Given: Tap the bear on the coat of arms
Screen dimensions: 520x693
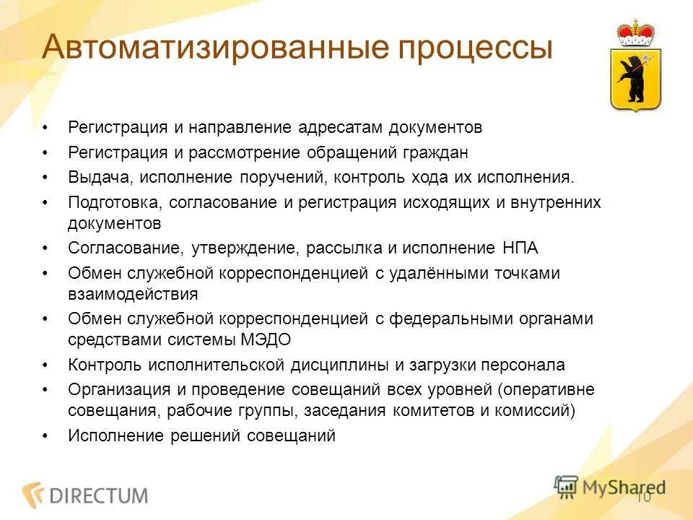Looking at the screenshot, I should (635, 76).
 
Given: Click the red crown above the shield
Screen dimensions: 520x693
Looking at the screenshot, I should (635, 33).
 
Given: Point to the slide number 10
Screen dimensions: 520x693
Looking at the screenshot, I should (643, 498).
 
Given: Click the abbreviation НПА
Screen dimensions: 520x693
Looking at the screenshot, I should (518, 248).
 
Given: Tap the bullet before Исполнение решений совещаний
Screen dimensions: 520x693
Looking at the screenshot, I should (45, 436).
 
